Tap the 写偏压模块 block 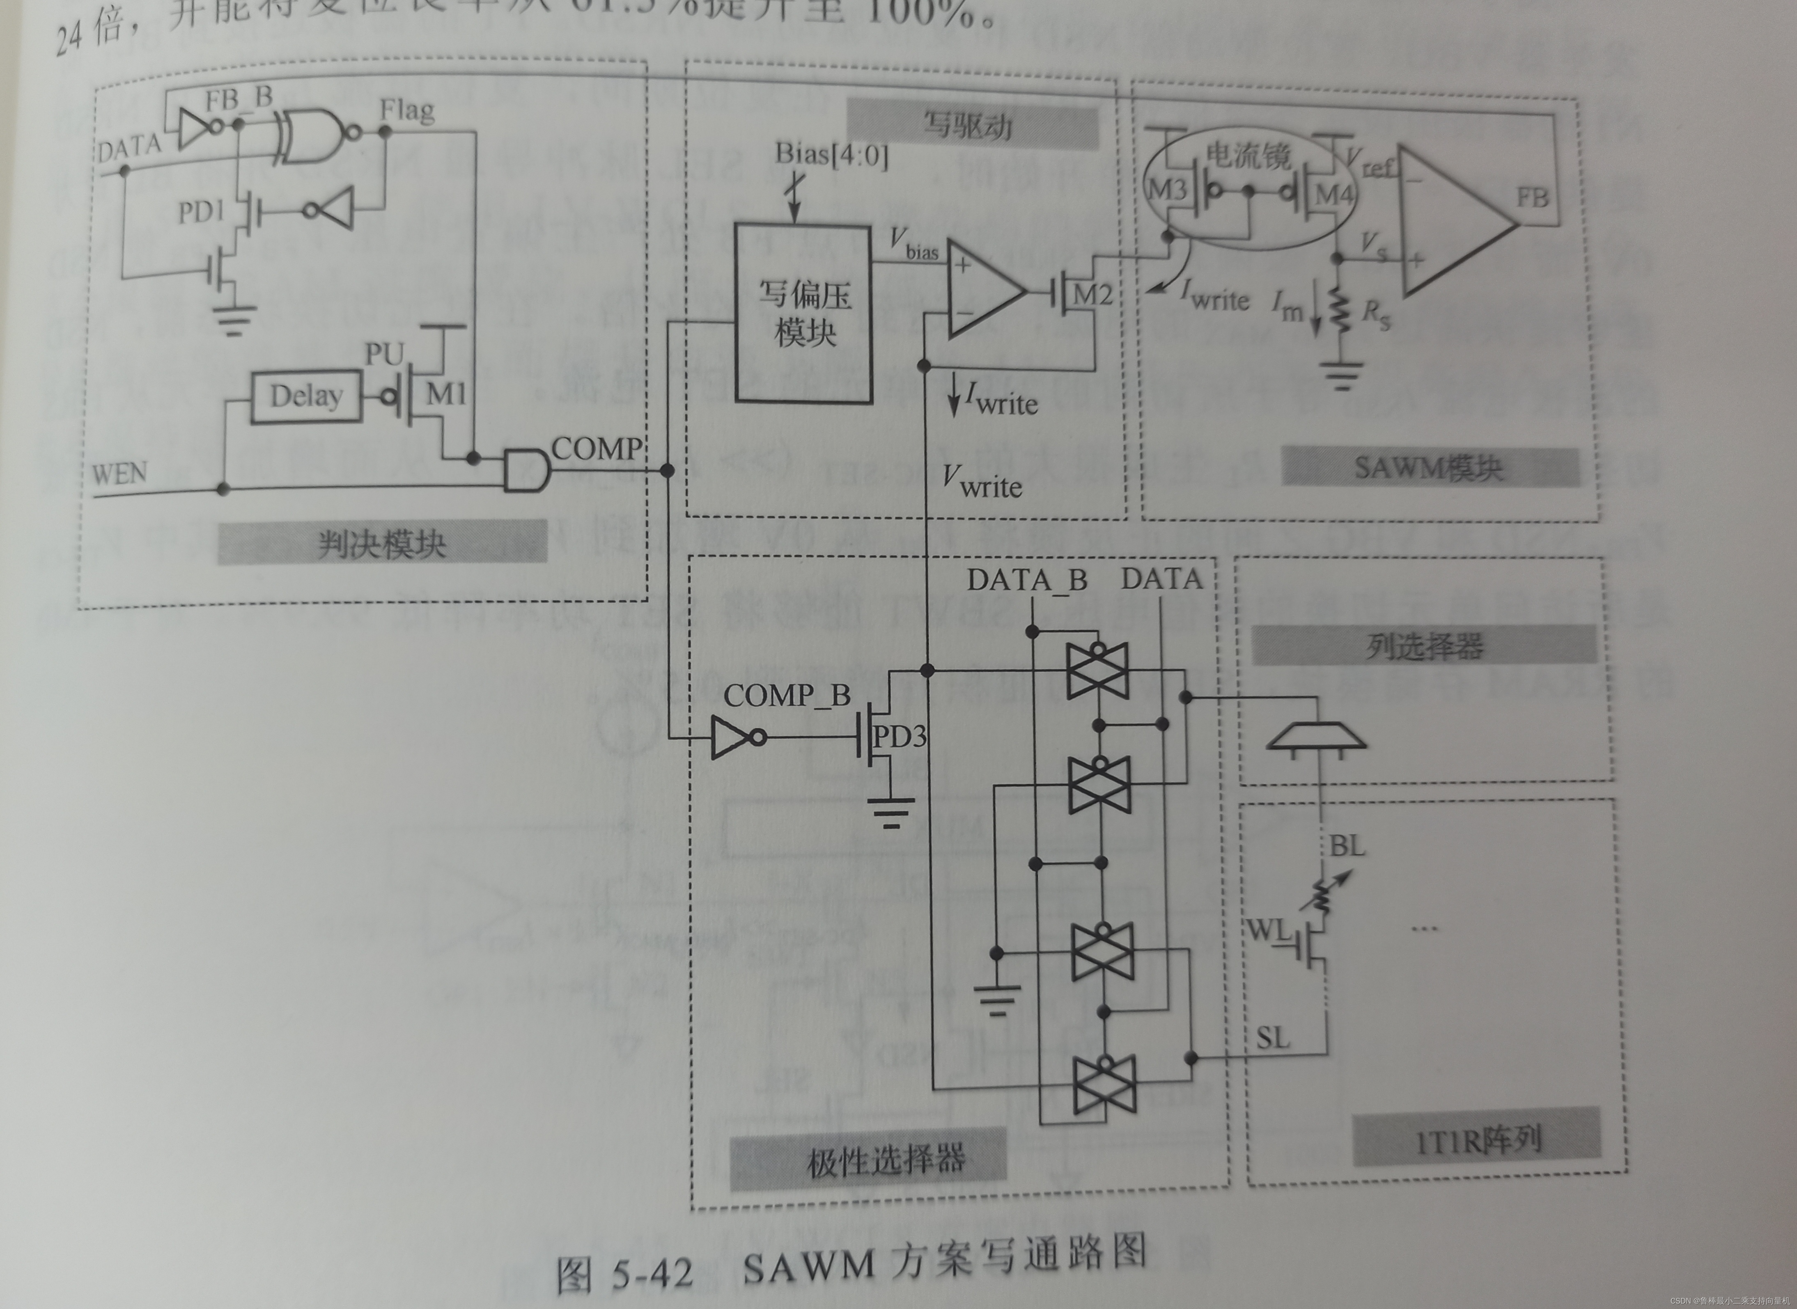pyautogui.click(x=804, y=314)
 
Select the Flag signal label pyautogui.click(x=406, y=110)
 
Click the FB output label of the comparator pyautogui.click(x=1531, y=197)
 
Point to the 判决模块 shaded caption pyautogui.click(x=382, y=544)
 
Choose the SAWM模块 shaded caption pyautogui.click(x=1428, y=467)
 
